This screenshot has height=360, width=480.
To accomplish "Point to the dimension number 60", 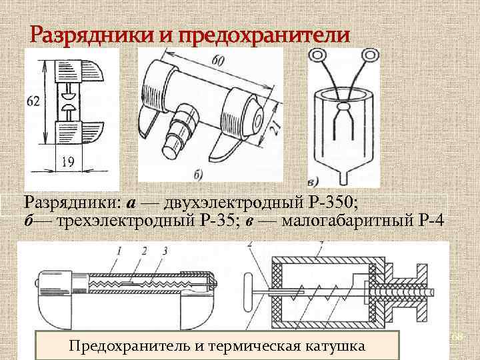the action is (218, 63).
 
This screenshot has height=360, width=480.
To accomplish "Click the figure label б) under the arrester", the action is (199, 175).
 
